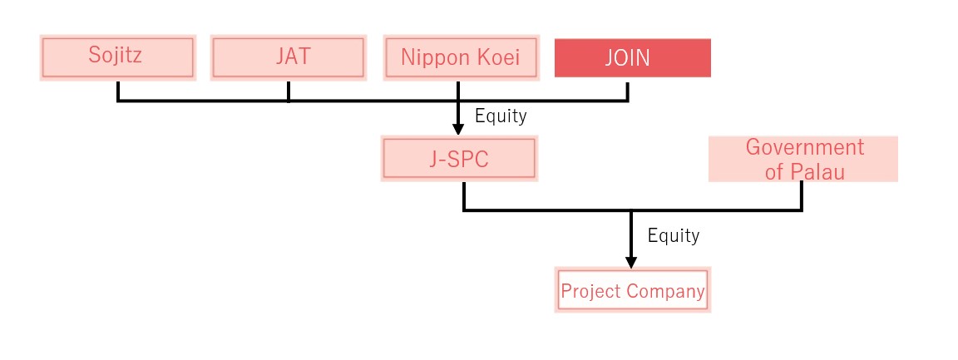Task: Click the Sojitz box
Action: [x=117, y=57]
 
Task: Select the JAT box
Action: [x=289, y=57]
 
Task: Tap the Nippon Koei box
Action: [x=462, y=57]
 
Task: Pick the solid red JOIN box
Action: [x=632, y=58]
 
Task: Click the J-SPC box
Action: [x=459, y=158]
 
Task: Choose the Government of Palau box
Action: [x=802, y=159]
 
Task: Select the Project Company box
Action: [x=632, y=290]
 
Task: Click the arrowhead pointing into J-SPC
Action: [x=458, y=129]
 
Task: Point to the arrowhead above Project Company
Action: [x=631, y=261]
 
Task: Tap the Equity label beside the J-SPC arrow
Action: [x=501, y=115]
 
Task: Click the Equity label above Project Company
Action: [x=674, y=235]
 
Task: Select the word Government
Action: [x=805, y=147]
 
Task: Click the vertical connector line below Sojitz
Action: [x=117, y=91]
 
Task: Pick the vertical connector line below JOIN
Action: [x=628, y=90]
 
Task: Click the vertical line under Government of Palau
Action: [x=801, y=196]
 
